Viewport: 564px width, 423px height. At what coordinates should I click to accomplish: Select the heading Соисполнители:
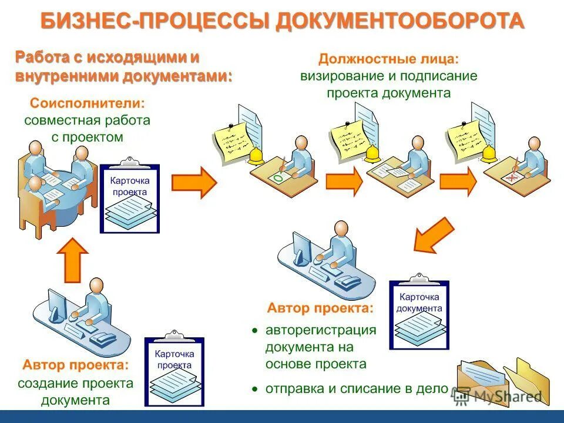pyautogui.click(x=87, y=103)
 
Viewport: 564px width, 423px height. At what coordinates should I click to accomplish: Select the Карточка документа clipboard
pyautogui.click(x=419, y=314)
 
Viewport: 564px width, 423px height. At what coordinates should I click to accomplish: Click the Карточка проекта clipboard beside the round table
pyautogui.click(x=130, y=198)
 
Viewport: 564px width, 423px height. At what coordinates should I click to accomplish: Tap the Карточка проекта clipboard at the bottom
pyautogui.click(x=174, y=371)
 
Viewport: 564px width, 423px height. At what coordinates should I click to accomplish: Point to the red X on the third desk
pyautogui.click(x=513, y=177)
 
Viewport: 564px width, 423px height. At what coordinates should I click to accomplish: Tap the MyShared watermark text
pyautogui.click(x=508, y=397)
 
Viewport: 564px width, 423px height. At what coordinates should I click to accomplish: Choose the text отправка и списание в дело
pyautogui.click(x=357, y=388)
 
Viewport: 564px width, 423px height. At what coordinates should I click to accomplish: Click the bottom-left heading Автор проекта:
pyautogui.click(x=76, y=365)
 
